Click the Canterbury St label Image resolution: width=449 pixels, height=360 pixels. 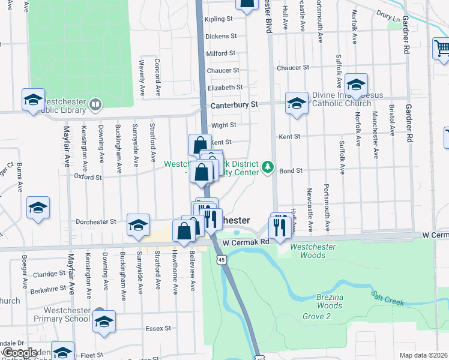coord(234,104)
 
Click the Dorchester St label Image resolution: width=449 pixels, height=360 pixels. coord(96,221)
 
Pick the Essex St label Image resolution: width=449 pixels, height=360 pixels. coord(158,329)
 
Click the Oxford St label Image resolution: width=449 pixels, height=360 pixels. coord(88,177)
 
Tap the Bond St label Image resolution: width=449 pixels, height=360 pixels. coord(291,170)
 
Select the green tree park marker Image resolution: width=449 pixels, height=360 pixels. coord(267,167)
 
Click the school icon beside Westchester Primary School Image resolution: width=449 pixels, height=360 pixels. coord(104,322)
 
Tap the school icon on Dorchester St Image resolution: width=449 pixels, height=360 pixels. coord(139,224)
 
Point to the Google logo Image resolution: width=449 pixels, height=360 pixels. coord(20,353)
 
